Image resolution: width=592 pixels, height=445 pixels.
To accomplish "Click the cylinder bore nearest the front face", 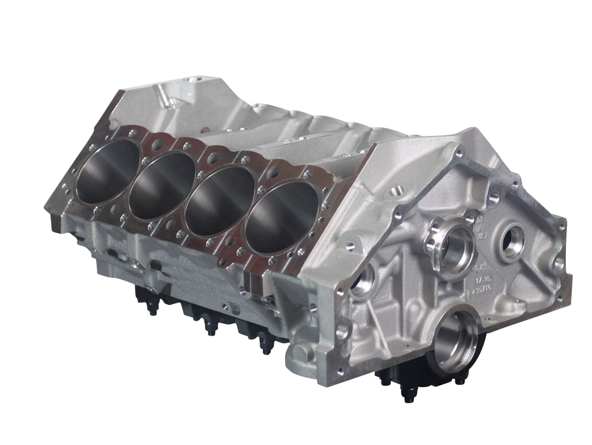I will pos(281,214).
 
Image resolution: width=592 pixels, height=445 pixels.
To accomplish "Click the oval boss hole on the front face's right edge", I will pos(558,263).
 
